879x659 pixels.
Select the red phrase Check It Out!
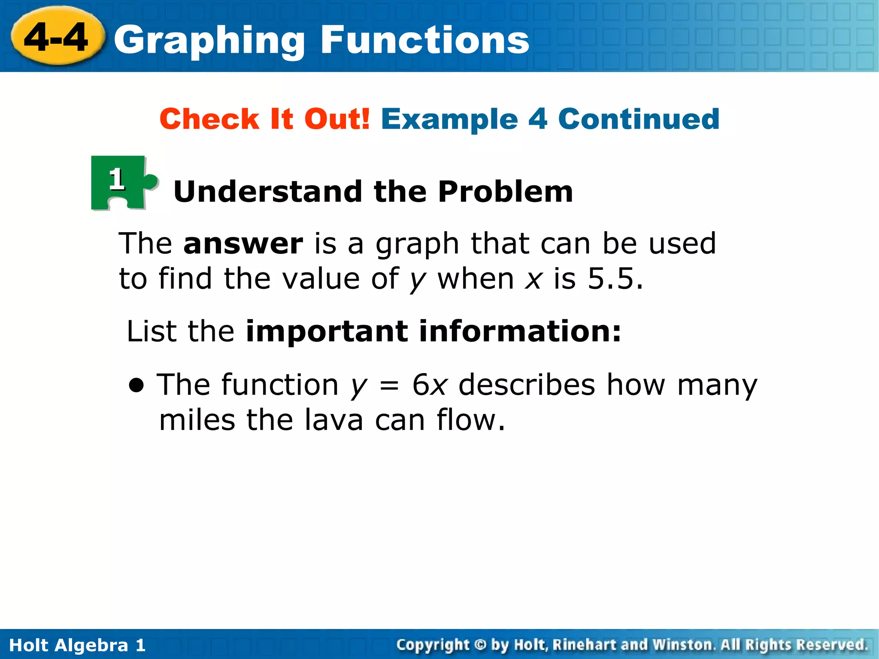click(264, 119)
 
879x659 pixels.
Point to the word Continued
click(639, 119)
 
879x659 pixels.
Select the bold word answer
click(243, 244)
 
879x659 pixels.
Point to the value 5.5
click(615, 279)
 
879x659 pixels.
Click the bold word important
click(327, 332)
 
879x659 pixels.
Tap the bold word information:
click(520, 332)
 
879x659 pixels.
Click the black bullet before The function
click(137, 385)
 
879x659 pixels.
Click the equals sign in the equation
click(389, 385)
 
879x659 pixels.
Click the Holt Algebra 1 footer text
click(77, 645)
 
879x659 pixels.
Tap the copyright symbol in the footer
click(480, 645)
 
